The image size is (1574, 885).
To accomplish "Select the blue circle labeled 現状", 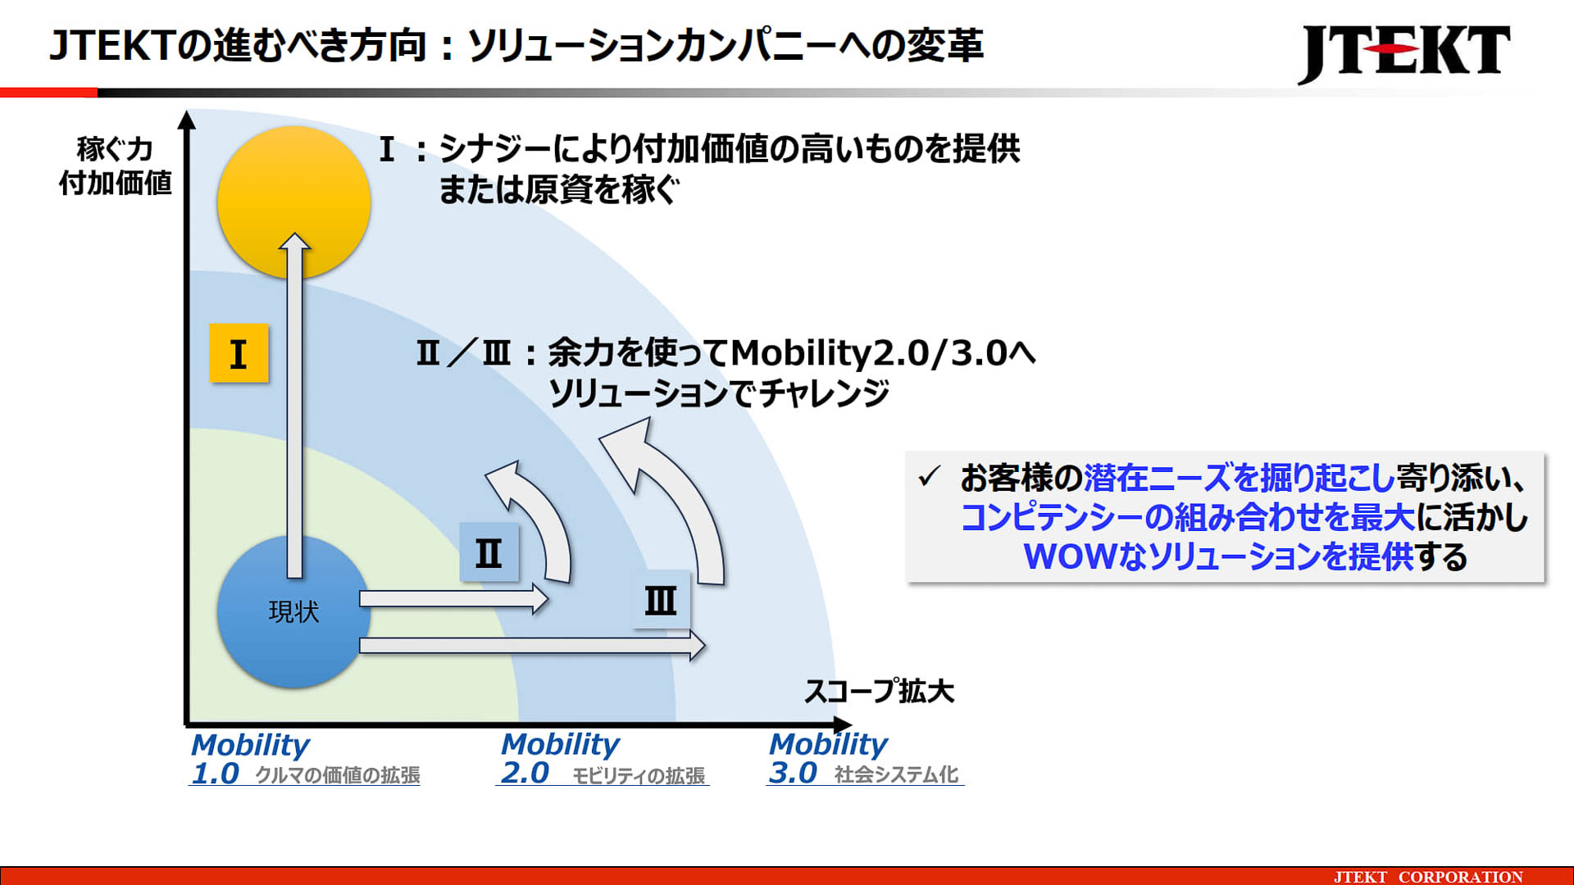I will click(x=293, y=612).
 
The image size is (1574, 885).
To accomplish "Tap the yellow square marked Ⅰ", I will click(x=239, y=353).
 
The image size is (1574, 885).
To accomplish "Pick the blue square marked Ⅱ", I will click(x=489, y=552).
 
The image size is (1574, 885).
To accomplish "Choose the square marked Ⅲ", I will click(x=661, y=600).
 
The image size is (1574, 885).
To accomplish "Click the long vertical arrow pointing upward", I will click(x=294, y=410).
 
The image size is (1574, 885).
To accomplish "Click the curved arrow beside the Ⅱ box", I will click(x=537, y=516).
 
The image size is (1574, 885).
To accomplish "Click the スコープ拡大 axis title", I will click(x=879, y=691).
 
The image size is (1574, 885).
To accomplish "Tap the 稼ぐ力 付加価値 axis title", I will click(x=115, y=166).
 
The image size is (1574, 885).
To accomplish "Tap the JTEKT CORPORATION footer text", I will click(x=1428, y=876).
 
